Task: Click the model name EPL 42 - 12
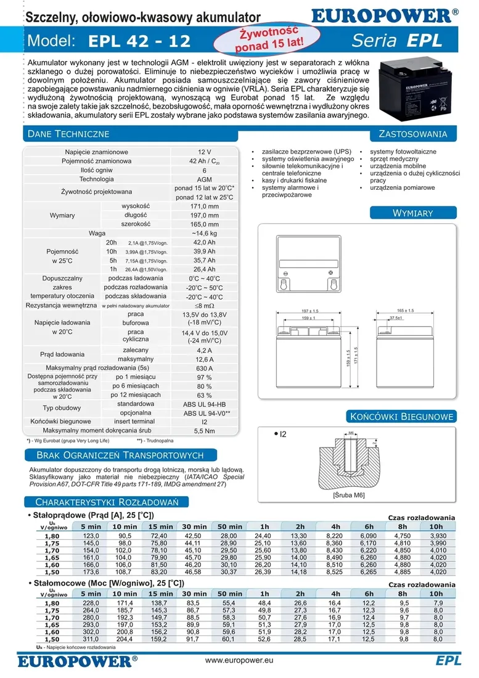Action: [139, 41]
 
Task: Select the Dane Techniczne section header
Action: [69, 134]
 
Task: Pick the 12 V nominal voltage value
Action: [204, 152]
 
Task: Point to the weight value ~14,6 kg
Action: [204, 234]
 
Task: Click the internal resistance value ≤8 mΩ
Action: [204, 305]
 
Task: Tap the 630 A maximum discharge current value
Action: [204, 369]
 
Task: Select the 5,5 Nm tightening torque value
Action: [204, 431]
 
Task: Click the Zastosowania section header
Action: [413, 134]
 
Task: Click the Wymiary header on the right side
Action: [413, 213]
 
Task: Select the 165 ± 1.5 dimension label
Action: [405, 311]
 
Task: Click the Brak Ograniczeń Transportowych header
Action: [120, 455]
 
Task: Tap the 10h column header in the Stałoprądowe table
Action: [436, 526]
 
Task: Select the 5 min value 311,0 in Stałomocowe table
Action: [91, 639]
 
